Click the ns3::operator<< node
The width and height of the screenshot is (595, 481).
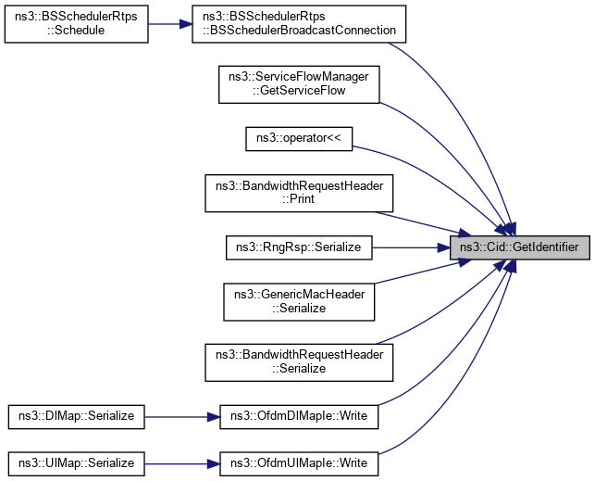pos(298,137)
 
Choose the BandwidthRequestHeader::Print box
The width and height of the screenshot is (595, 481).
pos(298,192)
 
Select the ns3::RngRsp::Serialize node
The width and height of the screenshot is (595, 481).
pos(298,247)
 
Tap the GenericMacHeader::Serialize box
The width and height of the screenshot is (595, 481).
pos(298,302)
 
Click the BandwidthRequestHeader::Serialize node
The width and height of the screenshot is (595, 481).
pos(298,361)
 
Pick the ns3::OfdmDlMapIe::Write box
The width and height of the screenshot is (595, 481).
pos(298,416)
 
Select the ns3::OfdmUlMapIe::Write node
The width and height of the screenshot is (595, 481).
pos(298,462)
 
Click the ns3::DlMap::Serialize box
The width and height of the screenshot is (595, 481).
pos(76,416)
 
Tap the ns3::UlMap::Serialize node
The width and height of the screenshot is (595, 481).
pos(76,462)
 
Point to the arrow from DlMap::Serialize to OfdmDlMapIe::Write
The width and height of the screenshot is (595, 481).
pos(181,416)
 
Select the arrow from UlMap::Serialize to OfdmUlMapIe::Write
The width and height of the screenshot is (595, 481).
pos(181,462)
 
